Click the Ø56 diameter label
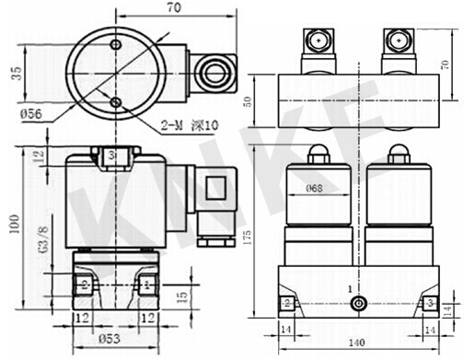point(31,114)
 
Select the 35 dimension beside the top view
point(17,74)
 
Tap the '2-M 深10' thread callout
point(190,125)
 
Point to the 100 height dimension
point(14,224)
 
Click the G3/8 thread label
point(43,239)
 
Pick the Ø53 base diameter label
point(110,339)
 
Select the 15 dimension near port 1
point(182,296)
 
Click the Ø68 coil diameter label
point(314,188)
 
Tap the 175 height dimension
point(248,238)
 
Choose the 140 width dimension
point(357,343)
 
